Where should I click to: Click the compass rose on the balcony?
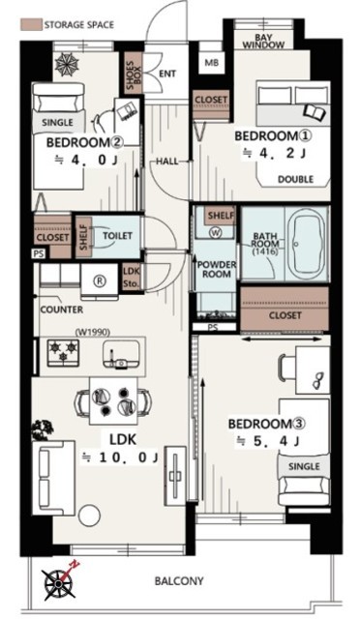pos(60,582)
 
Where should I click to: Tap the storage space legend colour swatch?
pos(31,25)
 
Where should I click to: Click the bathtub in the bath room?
pos(307,245)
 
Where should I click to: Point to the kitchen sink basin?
pos(121,354)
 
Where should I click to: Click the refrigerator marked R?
pos(100,280)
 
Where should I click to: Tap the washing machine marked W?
pos(216,233)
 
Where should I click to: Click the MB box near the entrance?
pos(211,62)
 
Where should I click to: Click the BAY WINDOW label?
pos(263,41)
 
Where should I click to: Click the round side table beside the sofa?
pos(89,516)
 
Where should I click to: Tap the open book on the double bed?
pos(315,112)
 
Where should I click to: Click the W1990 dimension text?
pos(92,333)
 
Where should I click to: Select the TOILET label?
pos(117,236)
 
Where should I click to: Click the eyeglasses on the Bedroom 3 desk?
pos(318,381)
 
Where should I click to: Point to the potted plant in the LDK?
pos(43,429)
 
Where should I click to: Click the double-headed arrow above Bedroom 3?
pos(282,339)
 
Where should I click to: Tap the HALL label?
pos(166,162)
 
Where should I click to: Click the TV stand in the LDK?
pos(175,475)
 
